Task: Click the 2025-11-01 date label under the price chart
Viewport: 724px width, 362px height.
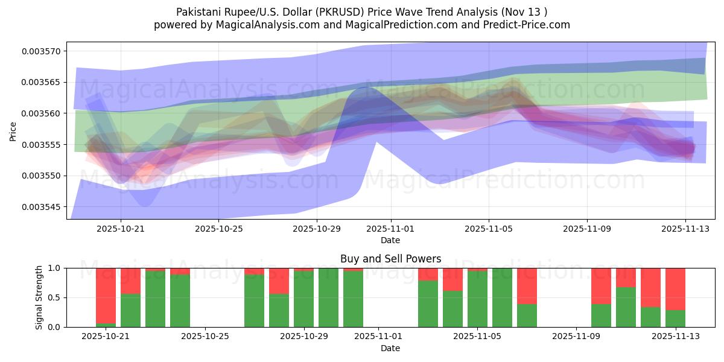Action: (390, 229)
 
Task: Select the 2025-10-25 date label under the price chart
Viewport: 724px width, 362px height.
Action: (218, 229)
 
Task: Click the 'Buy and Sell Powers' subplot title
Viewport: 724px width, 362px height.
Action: (390, 259)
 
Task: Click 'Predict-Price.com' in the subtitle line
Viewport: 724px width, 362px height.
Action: (530, 25)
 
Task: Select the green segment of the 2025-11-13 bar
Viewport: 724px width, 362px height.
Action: (675, 319)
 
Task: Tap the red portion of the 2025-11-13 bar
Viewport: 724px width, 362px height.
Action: (675, 289)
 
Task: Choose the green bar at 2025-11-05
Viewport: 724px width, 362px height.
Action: (477, 299)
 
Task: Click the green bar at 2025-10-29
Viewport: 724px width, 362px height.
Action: (303, 299)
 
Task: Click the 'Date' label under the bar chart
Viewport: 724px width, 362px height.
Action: (390, 348)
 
